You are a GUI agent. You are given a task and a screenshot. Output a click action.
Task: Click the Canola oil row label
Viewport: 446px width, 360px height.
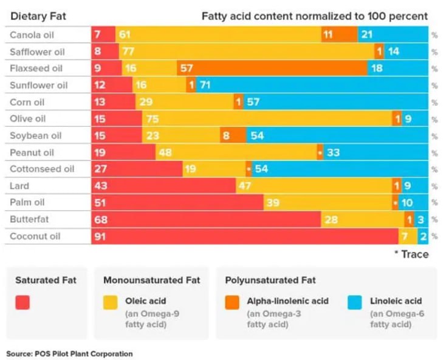(32, 35)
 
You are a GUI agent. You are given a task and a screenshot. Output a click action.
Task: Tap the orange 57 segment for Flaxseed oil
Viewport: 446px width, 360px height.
(272, 69)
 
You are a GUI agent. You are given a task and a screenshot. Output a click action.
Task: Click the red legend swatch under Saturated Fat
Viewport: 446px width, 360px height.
(22, 302)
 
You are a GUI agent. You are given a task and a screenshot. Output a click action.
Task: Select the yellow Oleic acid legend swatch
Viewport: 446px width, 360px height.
(111, 302)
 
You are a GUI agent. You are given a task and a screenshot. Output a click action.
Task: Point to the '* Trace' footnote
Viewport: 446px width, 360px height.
(411, 254)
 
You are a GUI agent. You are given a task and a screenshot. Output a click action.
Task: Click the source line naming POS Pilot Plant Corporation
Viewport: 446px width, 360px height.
(69, 353)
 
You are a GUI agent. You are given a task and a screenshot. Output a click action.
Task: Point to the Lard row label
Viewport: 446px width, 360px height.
(19, 186)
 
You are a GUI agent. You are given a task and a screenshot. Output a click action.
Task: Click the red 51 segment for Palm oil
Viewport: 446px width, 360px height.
(177, 203)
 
